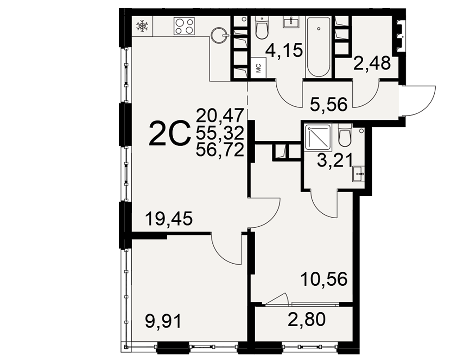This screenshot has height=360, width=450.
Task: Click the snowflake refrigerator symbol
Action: tap(142, 26)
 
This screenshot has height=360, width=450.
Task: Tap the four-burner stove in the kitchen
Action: tap(184, 27)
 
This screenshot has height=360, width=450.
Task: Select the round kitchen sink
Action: tap(220, 36)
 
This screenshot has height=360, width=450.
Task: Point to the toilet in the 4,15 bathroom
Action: tap(262, 27)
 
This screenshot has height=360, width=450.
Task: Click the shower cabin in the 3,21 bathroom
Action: tap(318, 137)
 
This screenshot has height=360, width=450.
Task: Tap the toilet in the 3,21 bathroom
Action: tap(345, 135)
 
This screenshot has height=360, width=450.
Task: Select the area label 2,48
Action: tap(372, 63)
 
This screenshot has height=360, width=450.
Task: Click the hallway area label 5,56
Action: tap(328, 104)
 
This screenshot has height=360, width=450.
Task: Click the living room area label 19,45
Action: tap(169, 218)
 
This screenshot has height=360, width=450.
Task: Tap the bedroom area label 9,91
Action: tap(164, 321)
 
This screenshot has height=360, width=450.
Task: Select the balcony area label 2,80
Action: tap(306, 319)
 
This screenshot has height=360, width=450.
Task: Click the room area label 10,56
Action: tap(324, 279)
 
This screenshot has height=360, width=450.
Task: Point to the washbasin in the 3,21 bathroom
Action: tap(358, 174)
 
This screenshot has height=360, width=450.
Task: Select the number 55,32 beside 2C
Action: tap(220, 133)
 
